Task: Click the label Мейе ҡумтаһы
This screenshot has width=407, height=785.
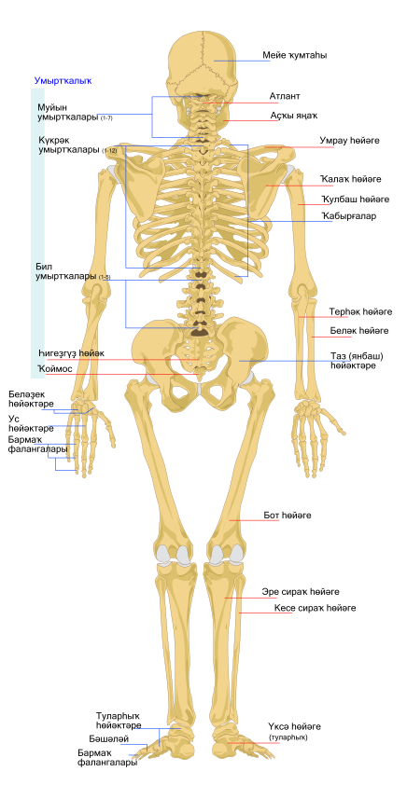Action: [295, 56]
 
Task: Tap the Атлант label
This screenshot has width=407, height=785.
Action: [285, 96]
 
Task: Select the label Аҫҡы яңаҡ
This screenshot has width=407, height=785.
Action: [294, 116]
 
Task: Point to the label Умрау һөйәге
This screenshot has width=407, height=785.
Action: [349, 141]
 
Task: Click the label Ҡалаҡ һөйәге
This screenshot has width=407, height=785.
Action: [351, 179]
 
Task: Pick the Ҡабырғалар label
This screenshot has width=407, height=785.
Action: [349, 216]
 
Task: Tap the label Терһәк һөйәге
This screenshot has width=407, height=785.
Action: [360, 312]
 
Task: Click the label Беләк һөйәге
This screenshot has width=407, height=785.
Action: [359, 331]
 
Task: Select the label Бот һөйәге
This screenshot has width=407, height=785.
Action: [288, 516]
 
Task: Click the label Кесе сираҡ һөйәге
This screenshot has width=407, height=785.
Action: [315, 608]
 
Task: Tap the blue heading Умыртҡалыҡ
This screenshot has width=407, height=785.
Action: [63, 80]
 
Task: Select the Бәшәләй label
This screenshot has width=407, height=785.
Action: [109, 739]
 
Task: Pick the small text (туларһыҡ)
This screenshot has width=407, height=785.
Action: [288, 737]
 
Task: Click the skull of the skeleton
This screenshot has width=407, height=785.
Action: [202, 65]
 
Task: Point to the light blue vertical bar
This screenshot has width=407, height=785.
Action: [37, 233]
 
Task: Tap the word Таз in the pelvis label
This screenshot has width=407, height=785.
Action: [338, 356]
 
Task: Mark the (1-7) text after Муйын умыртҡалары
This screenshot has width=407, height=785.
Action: [106, 118]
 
